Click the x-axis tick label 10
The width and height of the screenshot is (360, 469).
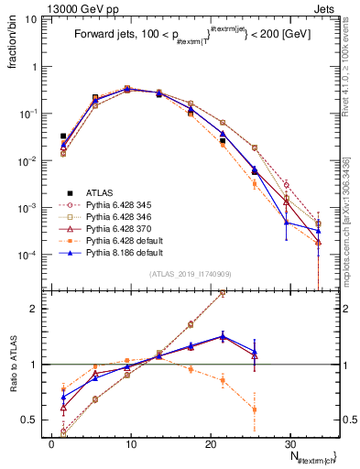(x=131, y=442)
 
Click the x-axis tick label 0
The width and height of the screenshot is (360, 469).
(x=51, y=442)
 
